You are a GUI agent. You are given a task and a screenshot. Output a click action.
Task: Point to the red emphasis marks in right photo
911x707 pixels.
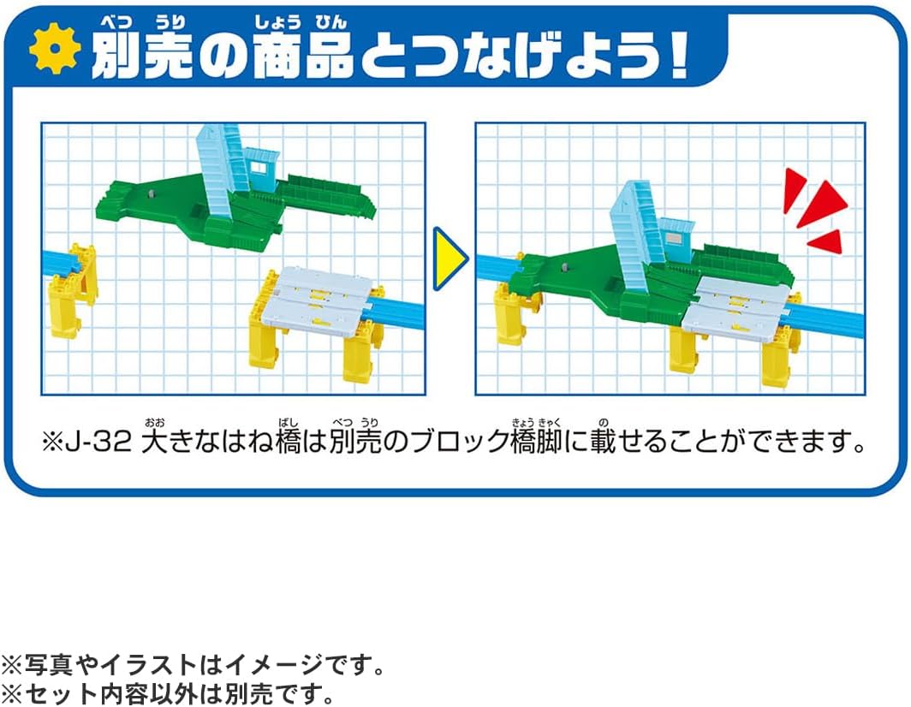click(813, 210)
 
